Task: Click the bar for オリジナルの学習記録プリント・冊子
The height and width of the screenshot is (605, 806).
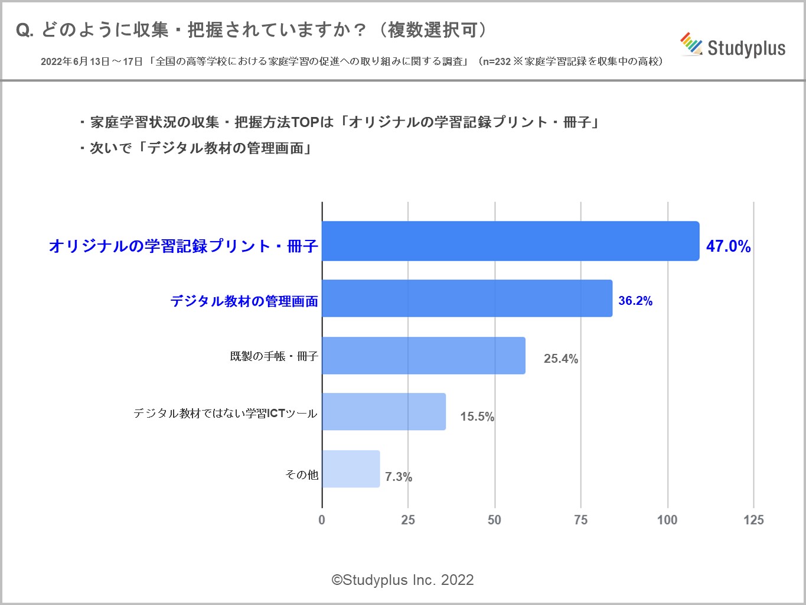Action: coord(510,241)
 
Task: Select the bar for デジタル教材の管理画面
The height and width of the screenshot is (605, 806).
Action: coord(467,298)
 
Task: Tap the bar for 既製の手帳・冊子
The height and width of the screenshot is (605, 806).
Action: coord(423,356)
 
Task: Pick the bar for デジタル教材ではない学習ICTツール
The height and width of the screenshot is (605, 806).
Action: coord(384,411)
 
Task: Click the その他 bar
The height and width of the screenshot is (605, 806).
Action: coord(351,469)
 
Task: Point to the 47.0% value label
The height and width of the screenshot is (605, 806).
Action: coord(728,246)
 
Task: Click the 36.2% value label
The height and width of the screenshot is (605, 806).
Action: coord(635,301)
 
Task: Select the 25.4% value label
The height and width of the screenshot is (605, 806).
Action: coord(560,359)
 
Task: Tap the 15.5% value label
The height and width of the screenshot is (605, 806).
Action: coord(477,417)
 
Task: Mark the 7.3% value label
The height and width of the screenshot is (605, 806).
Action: coord(399,477)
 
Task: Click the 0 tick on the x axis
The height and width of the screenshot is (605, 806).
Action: coord(322,520)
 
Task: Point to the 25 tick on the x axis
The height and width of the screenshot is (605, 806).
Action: coord(408,520)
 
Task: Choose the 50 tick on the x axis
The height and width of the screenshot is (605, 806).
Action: coord(494,520)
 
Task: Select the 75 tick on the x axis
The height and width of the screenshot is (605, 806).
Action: coord(581,520)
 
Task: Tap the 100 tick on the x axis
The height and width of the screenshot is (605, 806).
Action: coord(667,520)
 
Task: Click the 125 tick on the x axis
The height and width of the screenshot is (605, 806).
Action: coord(753,520)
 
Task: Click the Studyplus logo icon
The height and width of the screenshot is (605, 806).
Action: coord(691,44)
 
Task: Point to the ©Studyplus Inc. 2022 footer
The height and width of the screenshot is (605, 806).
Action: coord(403,580)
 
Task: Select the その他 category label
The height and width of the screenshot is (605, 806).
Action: coord(302,474)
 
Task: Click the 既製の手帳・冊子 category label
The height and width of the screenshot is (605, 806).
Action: coord(274,356)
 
